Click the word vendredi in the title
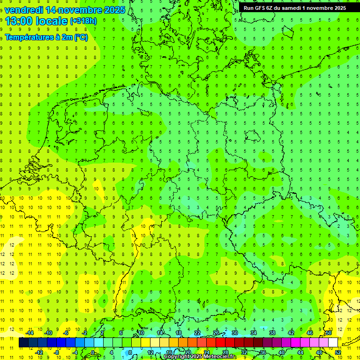click(x=24, y=10)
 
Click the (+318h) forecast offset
click(x=83, y=21)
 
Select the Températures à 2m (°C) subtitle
click(x=46, y=37)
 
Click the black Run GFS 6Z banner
click(x=295, y=8)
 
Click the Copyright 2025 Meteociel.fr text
click(x=199, y=357)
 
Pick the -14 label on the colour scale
click(x=29, y=333)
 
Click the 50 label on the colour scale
click(x=329, y=333)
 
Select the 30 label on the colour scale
click(x=235, y=333)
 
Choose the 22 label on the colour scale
click(x=197, y=333)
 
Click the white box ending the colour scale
click(x=333, y=343)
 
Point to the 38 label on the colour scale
click(x=272, y=333)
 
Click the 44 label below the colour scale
click(x=300, y=352)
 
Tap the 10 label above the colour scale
click(x=141, y=333)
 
